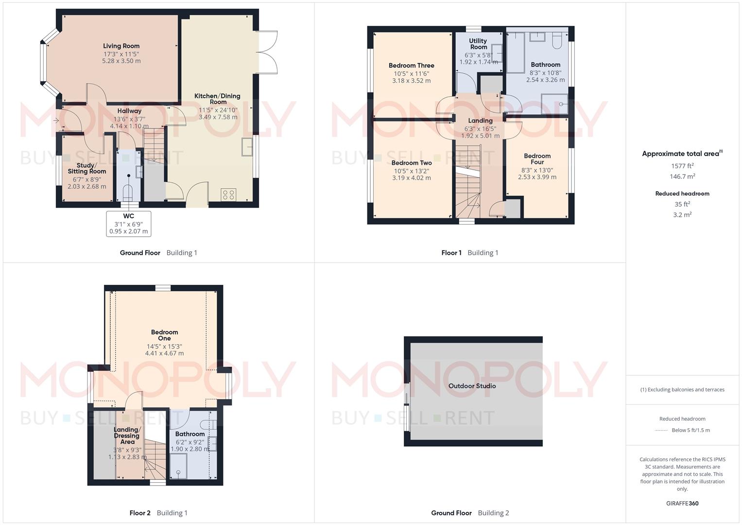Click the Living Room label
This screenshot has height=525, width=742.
[x=121, y=46]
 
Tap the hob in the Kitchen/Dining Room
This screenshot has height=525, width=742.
[x=228, y=195]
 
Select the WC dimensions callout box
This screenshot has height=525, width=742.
[x=129, y=224]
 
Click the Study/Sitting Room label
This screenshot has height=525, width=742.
[x=87, y=168]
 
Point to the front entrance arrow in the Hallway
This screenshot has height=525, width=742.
[x=56, y=120]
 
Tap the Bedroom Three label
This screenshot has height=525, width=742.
[x=411, y=66]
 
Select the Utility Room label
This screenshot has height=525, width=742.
[x=478, y=44]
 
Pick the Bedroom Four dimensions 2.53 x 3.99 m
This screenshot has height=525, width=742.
[x=537, y=177]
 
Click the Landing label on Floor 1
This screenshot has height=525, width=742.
[x=480, y=121]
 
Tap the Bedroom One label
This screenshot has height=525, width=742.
[x=164, y=335]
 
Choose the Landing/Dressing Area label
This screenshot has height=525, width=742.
[x=127, y=436]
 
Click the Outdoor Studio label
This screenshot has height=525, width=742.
[x=472, y=386]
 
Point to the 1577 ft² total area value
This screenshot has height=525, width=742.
[x=682, y=166]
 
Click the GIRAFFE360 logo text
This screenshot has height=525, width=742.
[x=682, y=503]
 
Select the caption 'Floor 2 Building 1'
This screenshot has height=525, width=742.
[x=158, y=513]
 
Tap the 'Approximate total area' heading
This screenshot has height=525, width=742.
[x=680, y=154]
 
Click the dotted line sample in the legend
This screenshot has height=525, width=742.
[x=661, y=430]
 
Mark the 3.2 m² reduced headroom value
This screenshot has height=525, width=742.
[x=682, y=214]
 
